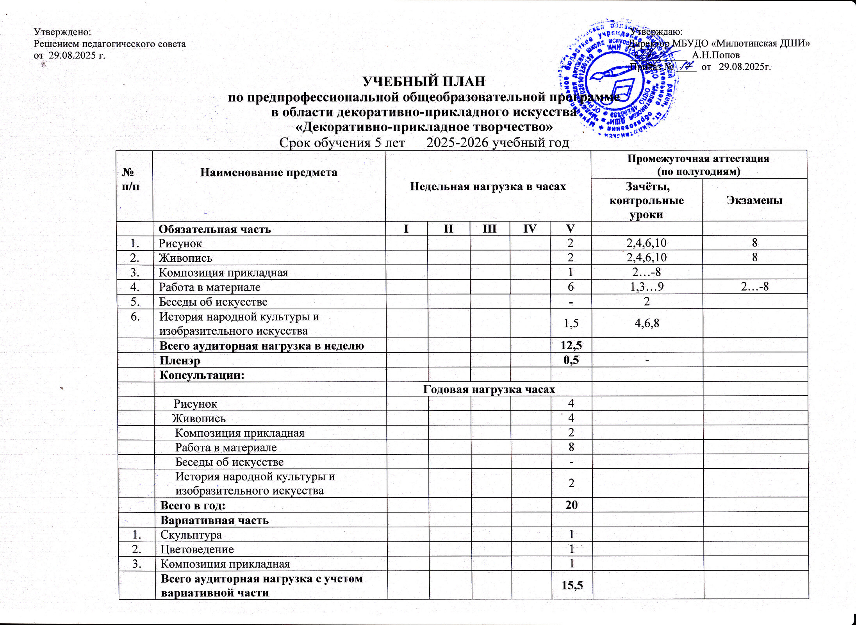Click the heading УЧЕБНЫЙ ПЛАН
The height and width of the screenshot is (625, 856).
[x=424, y=82]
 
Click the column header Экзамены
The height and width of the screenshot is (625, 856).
[x=754, y=200]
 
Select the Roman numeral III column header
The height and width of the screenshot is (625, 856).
[x=489, y=229]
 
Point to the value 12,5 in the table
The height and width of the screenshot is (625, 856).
[x=571, y=346]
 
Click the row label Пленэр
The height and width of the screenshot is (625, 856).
[x=180, y=360]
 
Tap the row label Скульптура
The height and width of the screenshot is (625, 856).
[x=191, y=534]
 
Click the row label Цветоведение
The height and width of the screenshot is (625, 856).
[x=197, y=549]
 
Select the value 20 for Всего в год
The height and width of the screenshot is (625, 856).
[x=571, y=505]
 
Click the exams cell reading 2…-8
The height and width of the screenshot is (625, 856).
[x=754, y=287]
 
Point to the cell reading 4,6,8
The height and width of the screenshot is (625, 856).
[x=647, y=323]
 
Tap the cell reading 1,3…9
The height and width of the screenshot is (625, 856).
[x=647, y=287]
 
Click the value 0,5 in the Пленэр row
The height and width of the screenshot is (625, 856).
[x=571, y=360]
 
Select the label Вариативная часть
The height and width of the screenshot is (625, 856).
[x=214, y=520]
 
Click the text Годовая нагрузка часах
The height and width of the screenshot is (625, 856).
[x=489, y=389]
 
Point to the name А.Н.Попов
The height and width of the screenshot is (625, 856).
[x=716, y=55]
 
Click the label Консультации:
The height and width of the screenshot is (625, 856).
[x=202, y=375]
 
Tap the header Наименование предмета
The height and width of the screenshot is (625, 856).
[x=269, y=172]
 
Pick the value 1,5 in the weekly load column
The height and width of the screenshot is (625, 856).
[x=571, y=323]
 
